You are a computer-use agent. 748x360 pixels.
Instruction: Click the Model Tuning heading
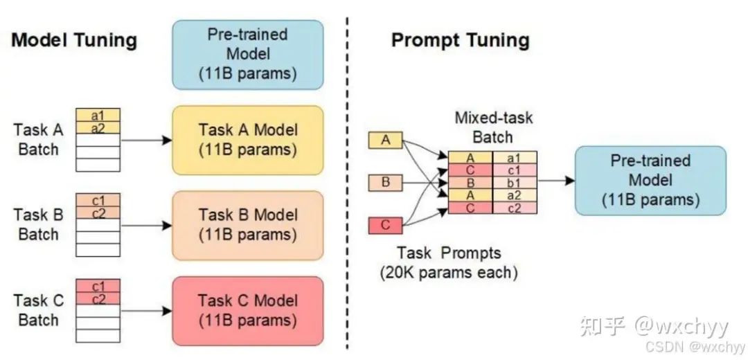(74, 41)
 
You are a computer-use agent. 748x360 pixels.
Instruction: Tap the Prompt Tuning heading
(461, 41)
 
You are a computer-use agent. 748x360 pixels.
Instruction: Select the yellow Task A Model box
(247, 140)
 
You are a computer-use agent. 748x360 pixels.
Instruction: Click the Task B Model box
(247, 226)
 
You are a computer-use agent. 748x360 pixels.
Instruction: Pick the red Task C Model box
(247, 311)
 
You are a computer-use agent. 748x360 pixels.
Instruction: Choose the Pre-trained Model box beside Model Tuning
(247, 55)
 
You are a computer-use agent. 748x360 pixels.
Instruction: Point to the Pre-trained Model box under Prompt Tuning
(650, 180)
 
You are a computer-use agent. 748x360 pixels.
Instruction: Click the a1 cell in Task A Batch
(98, 115)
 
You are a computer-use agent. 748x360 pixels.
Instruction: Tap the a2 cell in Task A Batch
(98, 127)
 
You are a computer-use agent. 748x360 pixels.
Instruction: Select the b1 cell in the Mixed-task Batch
(515, 183)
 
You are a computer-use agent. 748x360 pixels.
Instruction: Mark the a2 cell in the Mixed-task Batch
(515, 195)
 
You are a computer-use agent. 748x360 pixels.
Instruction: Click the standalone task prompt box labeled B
(386, 183)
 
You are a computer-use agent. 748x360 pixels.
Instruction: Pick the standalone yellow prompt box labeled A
(386, 141)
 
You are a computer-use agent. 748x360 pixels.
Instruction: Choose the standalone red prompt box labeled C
(386, 226)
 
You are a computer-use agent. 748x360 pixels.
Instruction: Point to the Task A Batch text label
(38, 140)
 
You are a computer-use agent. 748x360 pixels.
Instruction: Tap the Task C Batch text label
(38, 310)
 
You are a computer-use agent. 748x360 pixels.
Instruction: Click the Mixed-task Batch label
(493, 127)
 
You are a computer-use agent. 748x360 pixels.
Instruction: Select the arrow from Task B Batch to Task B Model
(146, 226)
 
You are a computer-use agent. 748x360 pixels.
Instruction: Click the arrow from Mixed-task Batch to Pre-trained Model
(556, 181)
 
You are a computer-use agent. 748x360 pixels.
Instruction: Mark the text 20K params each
(449, 273)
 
